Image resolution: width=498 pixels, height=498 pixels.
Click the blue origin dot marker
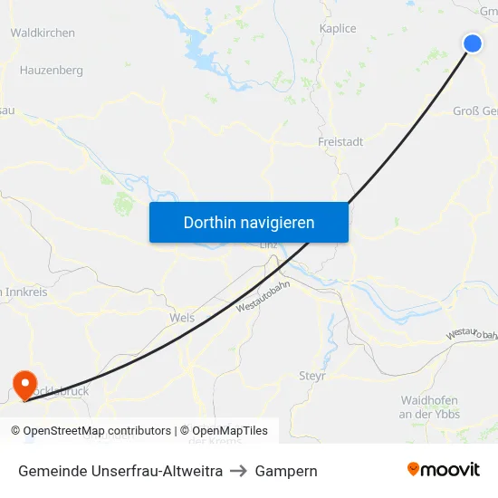[473, 43]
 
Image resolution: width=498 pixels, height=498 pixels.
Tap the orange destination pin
[23, 384]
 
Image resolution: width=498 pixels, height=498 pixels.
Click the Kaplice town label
[338, 29]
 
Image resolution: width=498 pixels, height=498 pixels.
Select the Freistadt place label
[340, 142]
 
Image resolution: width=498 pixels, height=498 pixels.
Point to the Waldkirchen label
[43, 33]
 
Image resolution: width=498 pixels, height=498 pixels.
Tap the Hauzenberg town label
[51, 70]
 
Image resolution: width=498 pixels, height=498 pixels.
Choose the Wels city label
[182, 319]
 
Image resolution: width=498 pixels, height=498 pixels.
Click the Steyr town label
[311, 376]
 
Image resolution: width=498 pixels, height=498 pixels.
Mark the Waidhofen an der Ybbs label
[429, 407]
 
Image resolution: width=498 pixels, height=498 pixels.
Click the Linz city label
[269, 244]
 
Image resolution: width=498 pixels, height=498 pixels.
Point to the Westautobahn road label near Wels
[263, 295]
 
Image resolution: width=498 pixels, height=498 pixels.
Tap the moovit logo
[443, 470]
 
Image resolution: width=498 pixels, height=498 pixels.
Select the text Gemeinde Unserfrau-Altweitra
[120, 471]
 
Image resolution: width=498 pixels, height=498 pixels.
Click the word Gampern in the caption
[286, 471]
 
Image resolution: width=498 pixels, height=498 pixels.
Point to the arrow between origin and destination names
[239, 471]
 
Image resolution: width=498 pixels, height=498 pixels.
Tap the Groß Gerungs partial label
[475, 111]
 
